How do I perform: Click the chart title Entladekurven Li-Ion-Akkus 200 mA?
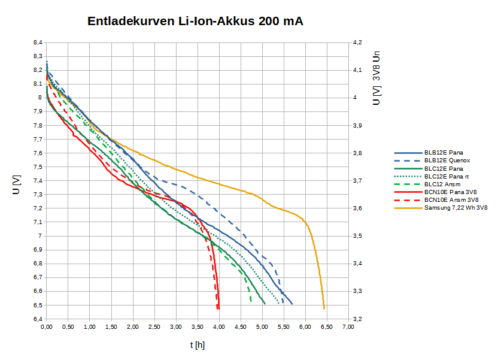pos(195,22)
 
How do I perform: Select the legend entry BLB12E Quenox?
pos(447,160)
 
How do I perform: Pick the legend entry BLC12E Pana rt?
pos(447,176)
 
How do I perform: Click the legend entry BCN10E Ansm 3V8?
pos(451,199)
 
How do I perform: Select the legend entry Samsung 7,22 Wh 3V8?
pos(456,208)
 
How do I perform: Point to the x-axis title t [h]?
pos(198,345)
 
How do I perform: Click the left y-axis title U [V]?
pos(17,185)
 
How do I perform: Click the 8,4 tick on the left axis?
pos(38,43)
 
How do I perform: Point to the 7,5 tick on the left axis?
pos(38,167)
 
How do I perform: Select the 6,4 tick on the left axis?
pos(38,319)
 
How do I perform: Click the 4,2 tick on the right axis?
pos(357,43)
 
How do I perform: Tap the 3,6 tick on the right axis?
pos(357,208)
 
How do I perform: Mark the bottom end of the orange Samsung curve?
pos(324,308)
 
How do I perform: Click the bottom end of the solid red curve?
pos(219,308)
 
